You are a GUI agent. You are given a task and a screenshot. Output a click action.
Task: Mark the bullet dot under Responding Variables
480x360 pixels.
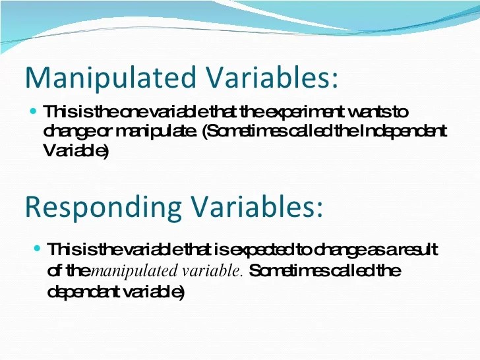tap(38, 249)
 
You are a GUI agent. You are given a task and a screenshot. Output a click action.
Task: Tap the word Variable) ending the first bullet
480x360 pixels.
tap(75, 151)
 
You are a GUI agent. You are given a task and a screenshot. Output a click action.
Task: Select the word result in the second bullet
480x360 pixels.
tap(418, 250)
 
